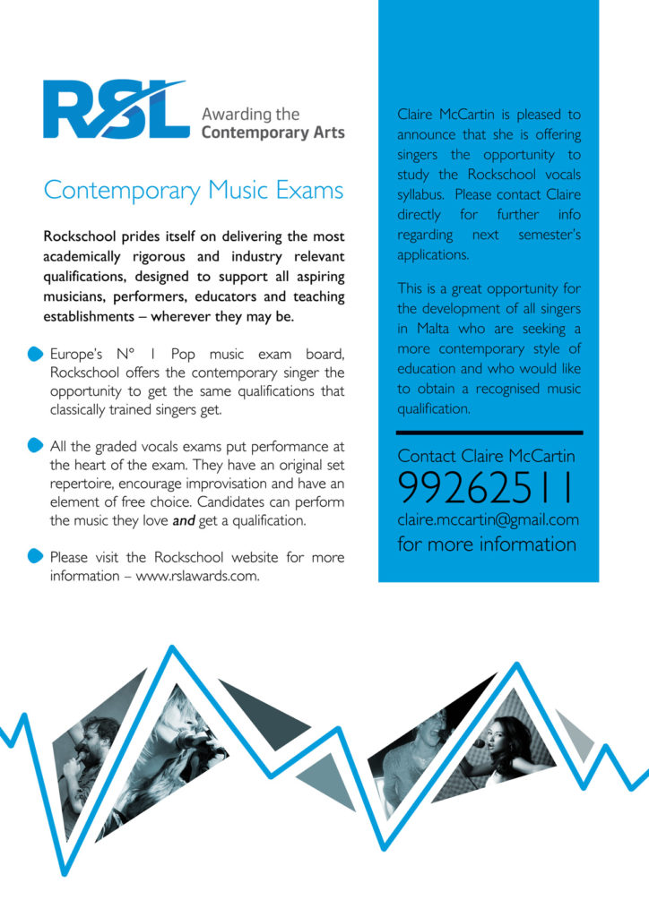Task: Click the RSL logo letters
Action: click(115, 110)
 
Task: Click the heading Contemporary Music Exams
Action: click(194, 191)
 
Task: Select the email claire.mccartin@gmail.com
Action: click(489, 519)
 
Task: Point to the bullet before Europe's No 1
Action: click(35, 354)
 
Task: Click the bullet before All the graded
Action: click(35, 445)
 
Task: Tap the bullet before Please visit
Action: click(35, 556)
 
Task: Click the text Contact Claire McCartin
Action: click(487, 457)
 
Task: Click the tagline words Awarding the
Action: click(250, 115)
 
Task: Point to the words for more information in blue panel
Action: click(487, 544)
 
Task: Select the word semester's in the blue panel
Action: click(549, 235)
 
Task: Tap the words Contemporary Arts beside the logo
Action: click(273, 133)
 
